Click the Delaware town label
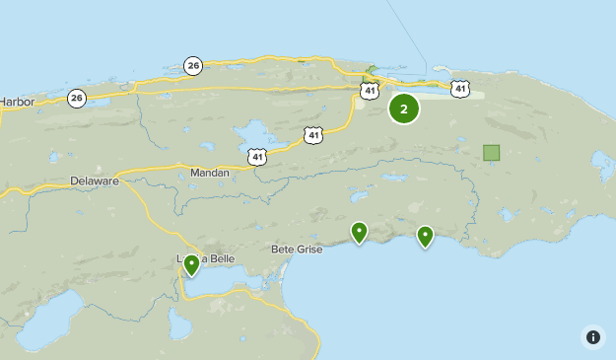pyautogui.click(x=95, y=181)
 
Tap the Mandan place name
pyautogui.click(x=209, y=173)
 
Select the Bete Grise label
pyautogui.click(x=297, y=250)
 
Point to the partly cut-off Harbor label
pyautogui.click(x=17, y=101)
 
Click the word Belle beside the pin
pyautogui.click(x=218, y=258)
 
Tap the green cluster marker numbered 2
pyautogui.click(x=403, y=109)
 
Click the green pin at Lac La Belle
pyautogui.click(x=191, y=264)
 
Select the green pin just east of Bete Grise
pyautogui.click(x=359, y=233)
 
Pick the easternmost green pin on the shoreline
pyautogui.click(x=425, y=236)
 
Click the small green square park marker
pyautogui.click(x=491, y=153)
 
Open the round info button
pyautogui.click(x=592, y=336)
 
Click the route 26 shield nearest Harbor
pyautogui.click(x=77, y=98)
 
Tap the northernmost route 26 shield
pyautogui.click(x=193, y=66)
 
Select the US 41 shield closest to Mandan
pyautogui.click(x=257, y=156)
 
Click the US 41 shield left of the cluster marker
pyautogui.click(x=369, y=91)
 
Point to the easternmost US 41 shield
pyautogui.click(x=460, y=89)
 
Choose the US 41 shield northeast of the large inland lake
pyautogui.click(x=313, y=134)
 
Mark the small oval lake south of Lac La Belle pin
pyautogui.click(x=179, y=324)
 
